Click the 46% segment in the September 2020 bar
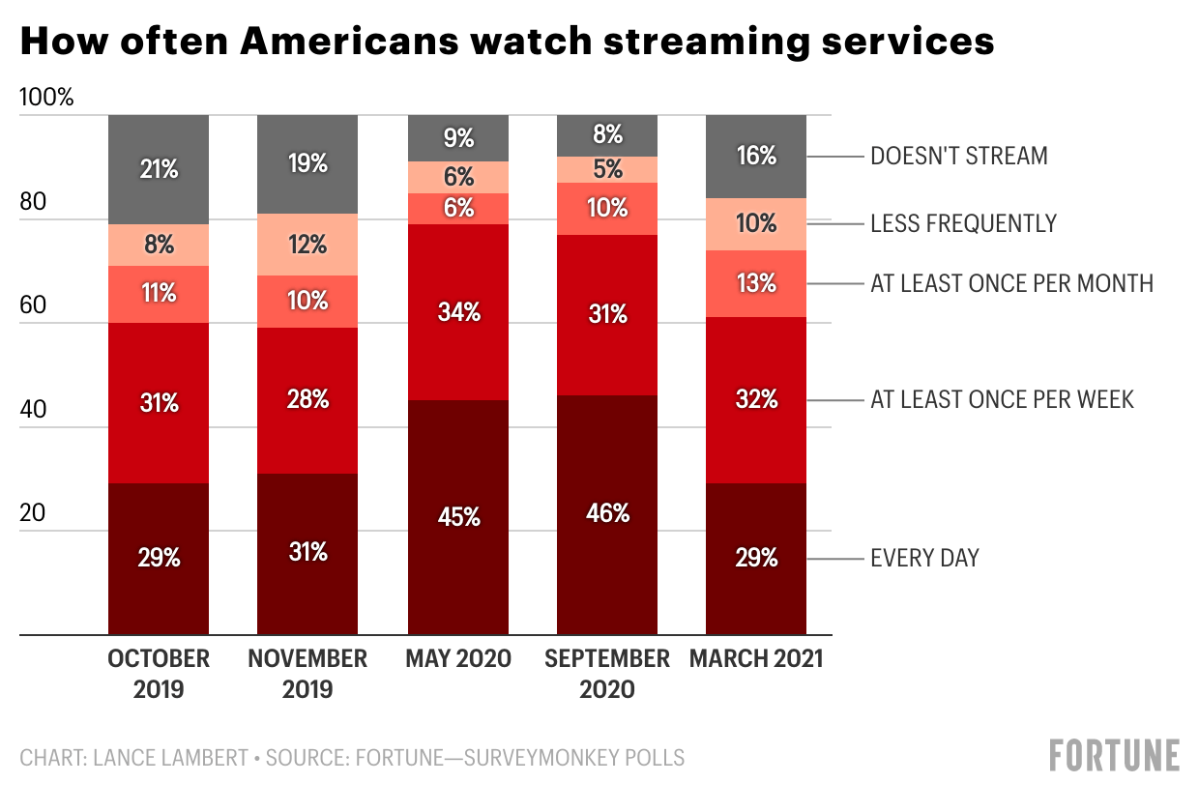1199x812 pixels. coord(607,514)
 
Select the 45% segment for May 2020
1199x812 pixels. coord(458,517)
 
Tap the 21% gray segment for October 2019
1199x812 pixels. coord(159,169)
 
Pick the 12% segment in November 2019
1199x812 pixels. coord(307,245)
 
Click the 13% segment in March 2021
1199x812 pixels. coord(756,283)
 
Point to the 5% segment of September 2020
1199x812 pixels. coord(607,169)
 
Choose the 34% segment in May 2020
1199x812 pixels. coord(458,312)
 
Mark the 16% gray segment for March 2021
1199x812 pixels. coord(756,156)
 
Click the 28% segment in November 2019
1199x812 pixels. coord(307,400)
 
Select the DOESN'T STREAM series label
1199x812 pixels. coord(958,156)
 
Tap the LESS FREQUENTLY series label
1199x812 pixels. coord(963,224)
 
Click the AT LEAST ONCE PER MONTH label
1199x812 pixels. coord(1011,283)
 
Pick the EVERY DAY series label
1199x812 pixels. coord(924,558)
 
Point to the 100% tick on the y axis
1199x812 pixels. coord(46,98)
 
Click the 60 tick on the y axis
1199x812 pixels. coord(33,305)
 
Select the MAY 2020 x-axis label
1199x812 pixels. coord(458,659)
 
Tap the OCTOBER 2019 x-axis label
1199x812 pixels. coord(159,674)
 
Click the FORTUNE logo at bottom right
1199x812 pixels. coord(1115,755)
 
